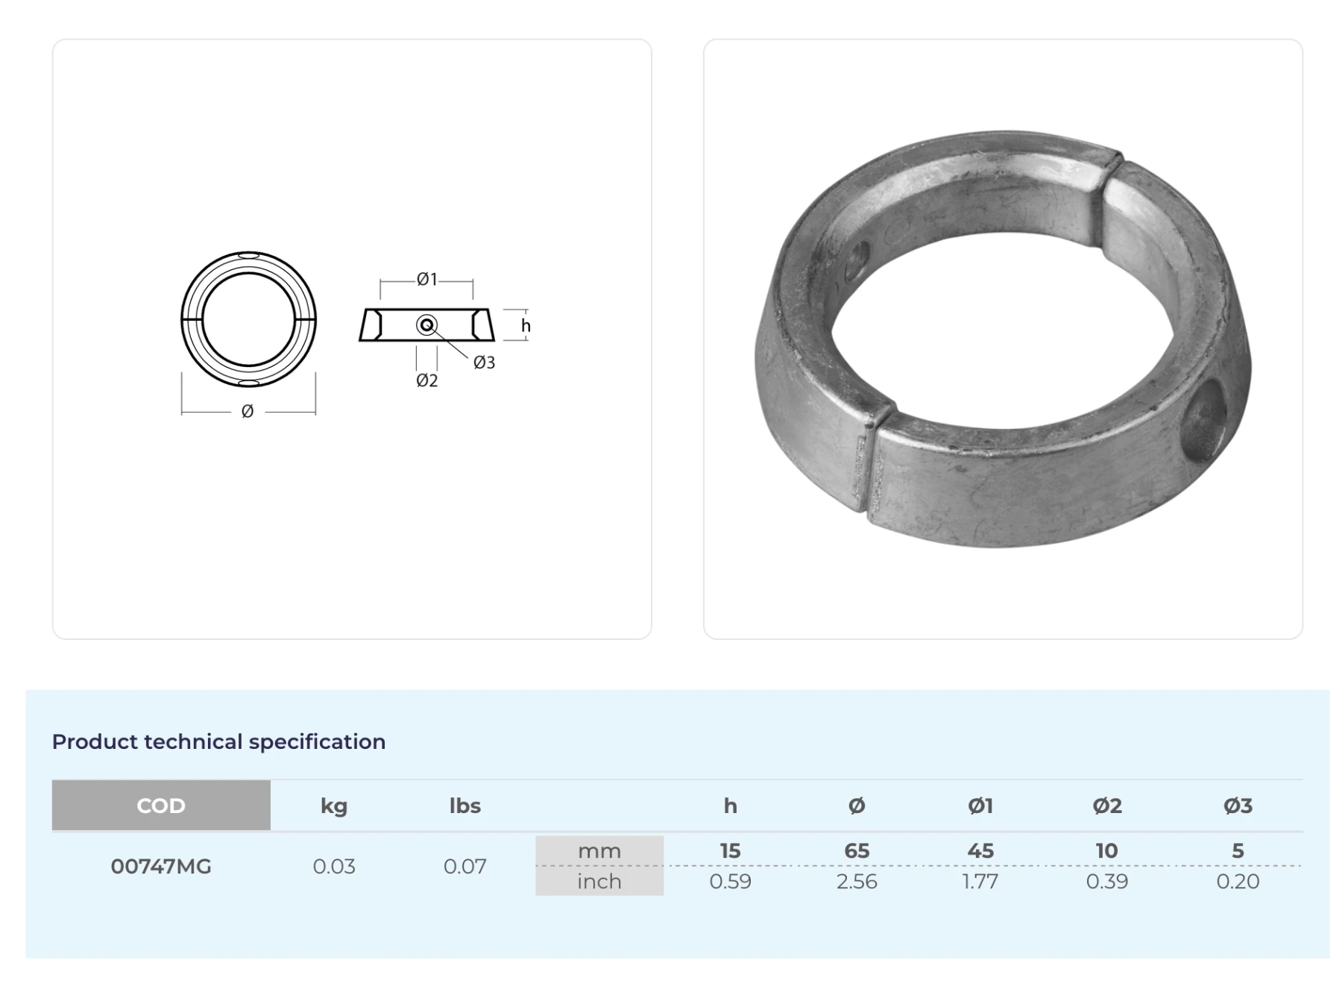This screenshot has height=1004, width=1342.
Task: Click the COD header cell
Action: [161, 806]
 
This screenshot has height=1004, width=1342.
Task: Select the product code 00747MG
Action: [161, 867]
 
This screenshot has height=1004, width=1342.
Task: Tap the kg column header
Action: [333, 806]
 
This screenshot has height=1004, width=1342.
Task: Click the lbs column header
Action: [464, 806]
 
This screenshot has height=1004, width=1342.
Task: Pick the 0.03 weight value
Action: [333, 867]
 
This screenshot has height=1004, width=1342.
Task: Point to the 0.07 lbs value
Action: [464, 867]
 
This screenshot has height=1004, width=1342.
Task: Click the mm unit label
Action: [599, 851]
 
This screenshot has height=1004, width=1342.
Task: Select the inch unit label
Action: [599, 882]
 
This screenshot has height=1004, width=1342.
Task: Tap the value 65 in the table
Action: [857, 851]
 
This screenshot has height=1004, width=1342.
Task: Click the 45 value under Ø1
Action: [980, 851]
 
